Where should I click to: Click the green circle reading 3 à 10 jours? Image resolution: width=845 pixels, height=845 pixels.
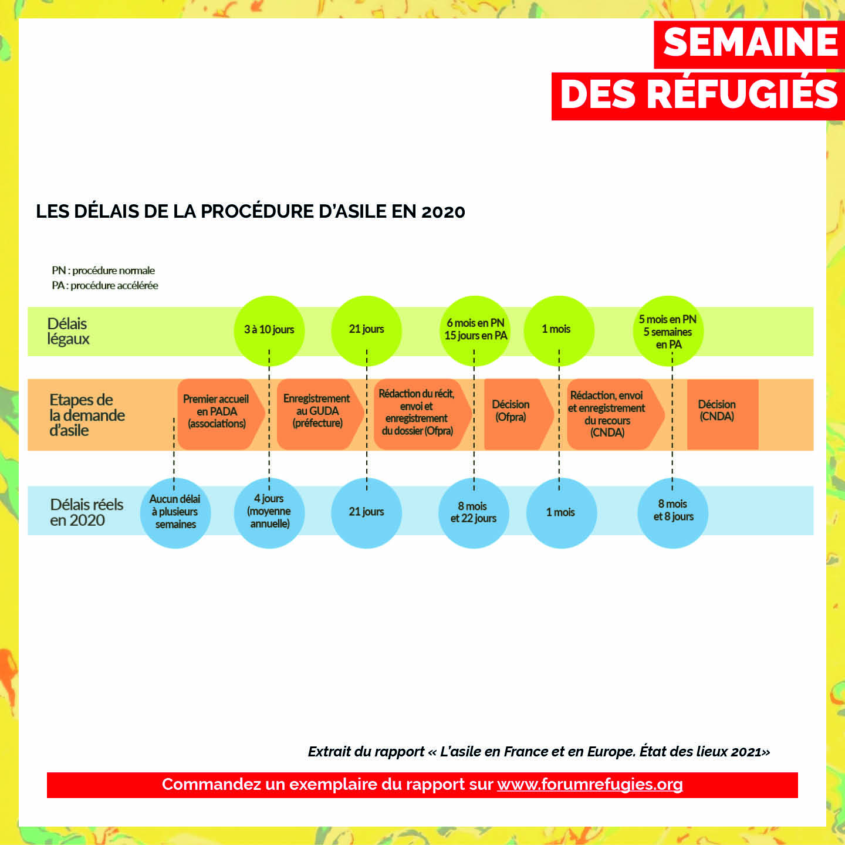[269, 330]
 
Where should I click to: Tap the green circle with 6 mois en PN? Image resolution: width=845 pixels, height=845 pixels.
[475, 330]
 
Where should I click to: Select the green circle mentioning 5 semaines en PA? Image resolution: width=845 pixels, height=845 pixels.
[668, 330]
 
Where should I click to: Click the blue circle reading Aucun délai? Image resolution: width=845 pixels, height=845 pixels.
[175, 513]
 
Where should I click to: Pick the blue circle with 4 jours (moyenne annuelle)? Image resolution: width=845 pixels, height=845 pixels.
[269, 513]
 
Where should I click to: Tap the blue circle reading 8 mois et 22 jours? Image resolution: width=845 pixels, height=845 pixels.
[474, 513]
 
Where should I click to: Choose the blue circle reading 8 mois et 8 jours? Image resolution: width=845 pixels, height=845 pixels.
[672, 513]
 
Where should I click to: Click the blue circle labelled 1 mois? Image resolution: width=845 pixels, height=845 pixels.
[562, 513]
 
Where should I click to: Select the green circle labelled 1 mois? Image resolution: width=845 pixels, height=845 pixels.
[559, 330]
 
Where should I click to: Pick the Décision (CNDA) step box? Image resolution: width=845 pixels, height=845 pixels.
[723, 414]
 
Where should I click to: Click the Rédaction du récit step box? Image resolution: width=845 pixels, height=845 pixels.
[422, 414]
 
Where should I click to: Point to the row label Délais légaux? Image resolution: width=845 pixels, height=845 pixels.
[68, 331]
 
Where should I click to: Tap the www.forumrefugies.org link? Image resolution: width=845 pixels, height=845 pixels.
[590, 784]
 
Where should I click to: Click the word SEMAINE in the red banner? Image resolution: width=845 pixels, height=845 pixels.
[751, 42]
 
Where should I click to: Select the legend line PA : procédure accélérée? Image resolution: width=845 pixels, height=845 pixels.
[105, 285]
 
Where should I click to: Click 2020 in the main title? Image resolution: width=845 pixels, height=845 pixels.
[443, 212]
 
